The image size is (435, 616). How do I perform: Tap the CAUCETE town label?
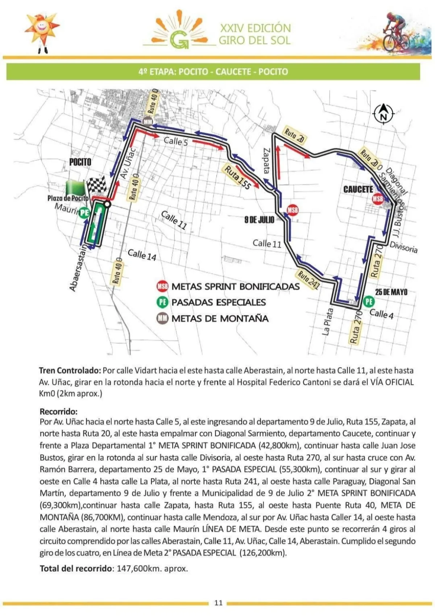358,189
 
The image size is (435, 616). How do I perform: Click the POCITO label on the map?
80,162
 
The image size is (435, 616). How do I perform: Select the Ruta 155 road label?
237,178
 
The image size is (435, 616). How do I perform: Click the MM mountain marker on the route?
148,122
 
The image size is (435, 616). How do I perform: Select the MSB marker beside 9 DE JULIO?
292,210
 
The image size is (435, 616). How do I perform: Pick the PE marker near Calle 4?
368,301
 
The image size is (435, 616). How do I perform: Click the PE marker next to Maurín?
84,212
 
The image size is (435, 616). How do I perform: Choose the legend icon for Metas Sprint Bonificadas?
162,287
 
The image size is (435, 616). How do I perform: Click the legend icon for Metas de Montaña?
162,319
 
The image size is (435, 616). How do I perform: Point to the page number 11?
218,603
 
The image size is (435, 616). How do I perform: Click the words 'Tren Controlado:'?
70,371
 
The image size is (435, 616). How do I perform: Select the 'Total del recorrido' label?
76,568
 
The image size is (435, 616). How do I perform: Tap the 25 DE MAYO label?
391,292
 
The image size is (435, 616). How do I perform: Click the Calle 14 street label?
142,255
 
